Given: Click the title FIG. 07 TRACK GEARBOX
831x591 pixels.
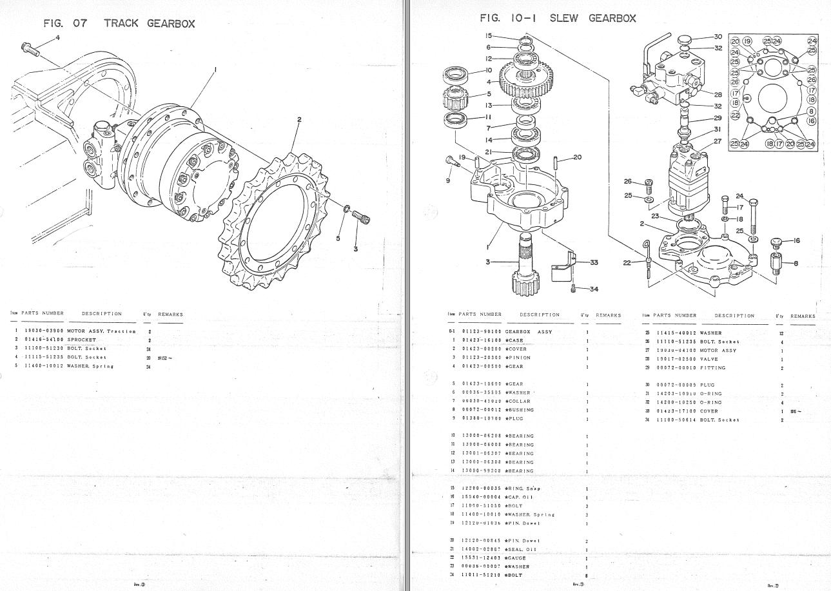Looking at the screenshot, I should pos(119,24).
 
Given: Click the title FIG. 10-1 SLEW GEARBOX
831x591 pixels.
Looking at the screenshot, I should pos(558,18).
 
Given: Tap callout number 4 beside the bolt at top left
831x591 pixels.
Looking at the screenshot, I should pos(57,37).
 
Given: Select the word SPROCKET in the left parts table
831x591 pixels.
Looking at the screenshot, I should pos(81,340).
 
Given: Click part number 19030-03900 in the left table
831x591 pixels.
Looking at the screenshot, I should pos(43,331).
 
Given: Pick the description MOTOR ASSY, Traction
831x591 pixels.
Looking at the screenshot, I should pos(101,331).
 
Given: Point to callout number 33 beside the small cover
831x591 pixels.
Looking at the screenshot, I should pos(594,262).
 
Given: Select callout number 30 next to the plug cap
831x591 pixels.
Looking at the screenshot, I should pos(718,37).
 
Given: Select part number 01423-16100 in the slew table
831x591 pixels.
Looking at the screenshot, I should pos(482,340).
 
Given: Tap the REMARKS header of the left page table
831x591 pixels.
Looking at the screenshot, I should pos(170,315).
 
